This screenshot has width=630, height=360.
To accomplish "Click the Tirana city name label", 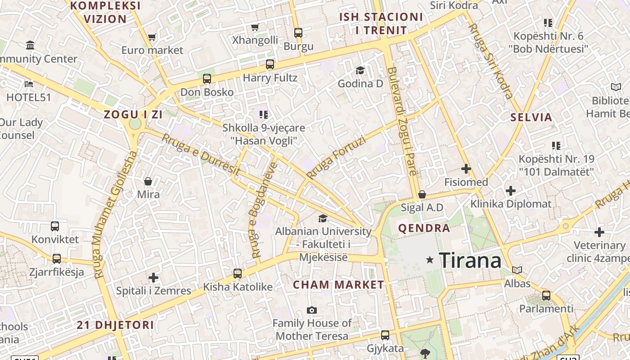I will [470, 260].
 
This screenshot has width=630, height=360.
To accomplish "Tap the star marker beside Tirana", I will [430, 260].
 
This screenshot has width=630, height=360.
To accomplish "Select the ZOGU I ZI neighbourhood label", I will [133, 114].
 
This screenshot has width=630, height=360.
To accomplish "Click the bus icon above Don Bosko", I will [207, 79].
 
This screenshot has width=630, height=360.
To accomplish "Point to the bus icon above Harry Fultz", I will [270, 64].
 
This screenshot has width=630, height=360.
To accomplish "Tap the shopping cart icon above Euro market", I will [152, 37].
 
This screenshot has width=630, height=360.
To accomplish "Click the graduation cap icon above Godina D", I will [360, 70].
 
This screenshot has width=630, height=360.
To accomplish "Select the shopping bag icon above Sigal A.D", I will [422, 194].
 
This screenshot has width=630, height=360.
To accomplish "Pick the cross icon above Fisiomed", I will [466, 169].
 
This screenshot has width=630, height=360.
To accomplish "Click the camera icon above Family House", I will [311, 310].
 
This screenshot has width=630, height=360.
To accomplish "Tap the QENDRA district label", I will [424, 228].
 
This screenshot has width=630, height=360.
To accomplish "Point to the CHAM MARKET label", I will [338, 284].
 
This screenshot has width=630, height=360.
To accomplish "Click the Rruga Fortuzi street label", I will [336, 157].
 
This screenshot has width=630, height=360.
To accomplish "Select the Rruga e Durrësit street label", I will [201, 155].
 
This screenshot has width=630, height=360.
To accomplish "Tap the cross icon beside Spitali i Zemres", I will [153, 278].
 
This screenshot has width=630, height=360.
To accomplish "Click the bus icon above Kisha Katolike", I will [238, 273].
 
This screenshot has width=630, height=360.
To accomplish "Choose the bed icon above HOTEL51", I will [29, 84].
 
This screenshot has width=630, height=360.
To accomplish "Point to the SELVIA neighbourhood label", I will [531, 117].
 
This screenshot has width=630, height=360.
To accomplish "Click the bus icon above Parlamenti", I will [546, 296].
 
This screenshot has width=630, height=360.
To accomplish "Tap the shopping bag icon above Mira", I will [148, 181].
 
